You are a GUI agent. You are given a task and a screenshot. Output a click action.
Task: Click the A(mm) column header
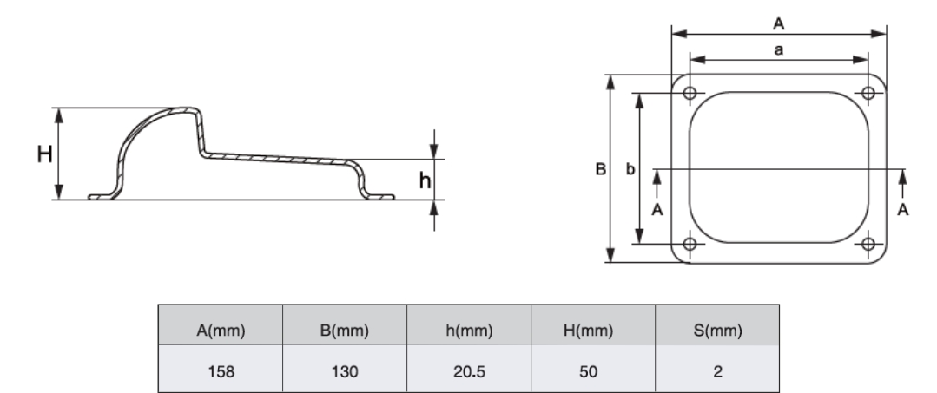coord(221,331)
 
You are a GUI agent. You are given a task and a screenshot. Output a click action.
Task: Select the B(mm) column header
coord(346,331)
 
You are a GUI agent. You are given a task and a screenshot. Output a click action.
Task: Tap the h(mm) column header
coord(470,331)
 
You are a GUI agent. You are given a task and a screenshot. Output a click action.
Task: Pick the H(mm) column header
coord(594,331)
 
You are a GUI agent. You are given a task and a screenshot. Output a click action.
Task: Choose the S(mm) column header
coord(718,331)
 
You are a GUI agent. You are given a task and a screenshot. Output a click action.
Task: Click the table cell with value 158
coord(221,370)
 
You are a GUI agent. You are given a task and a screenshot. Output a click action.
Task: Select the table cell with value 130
coord(346,370)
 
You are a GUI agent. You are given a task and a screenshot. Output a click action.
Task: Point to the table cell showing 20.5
coord(470,370)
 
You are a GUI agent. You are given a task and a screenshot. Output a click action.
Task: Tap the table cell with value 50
coord(594,370)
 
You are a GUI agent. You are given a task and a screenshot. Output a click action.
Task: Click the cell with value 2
coord(718,370)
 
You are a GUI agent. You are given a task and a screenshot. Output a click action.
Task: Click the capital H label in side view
coord(44,155)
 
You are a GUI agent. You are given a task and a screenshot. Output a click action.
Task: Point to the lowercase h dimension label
coord(425,180)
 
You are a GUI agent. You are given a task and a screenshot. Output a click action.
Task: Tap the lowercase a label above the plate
coord(779,51)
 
